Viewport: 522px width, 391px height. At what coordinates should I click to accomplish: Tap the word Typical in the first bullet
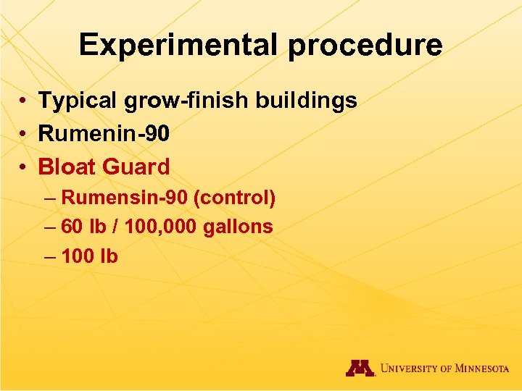pos(78,101)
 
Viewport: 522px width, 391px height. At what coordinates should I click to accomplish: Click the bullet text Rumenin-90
pos(104,134)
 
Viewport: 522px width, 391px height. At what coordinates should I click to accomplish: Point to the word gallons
pos(237,227)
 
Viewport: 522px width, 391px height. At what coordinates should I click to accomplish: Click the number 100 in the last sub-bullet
pos(78,256)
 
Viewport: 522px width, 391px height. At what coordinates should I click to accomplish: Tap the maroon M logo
pos(360,369)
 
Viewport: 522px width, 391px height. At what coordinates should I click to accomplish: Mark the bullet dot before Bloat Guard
pos(24,167)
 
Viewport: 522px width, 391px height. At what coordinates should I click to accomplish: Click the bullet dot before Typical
pos(24,101)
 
